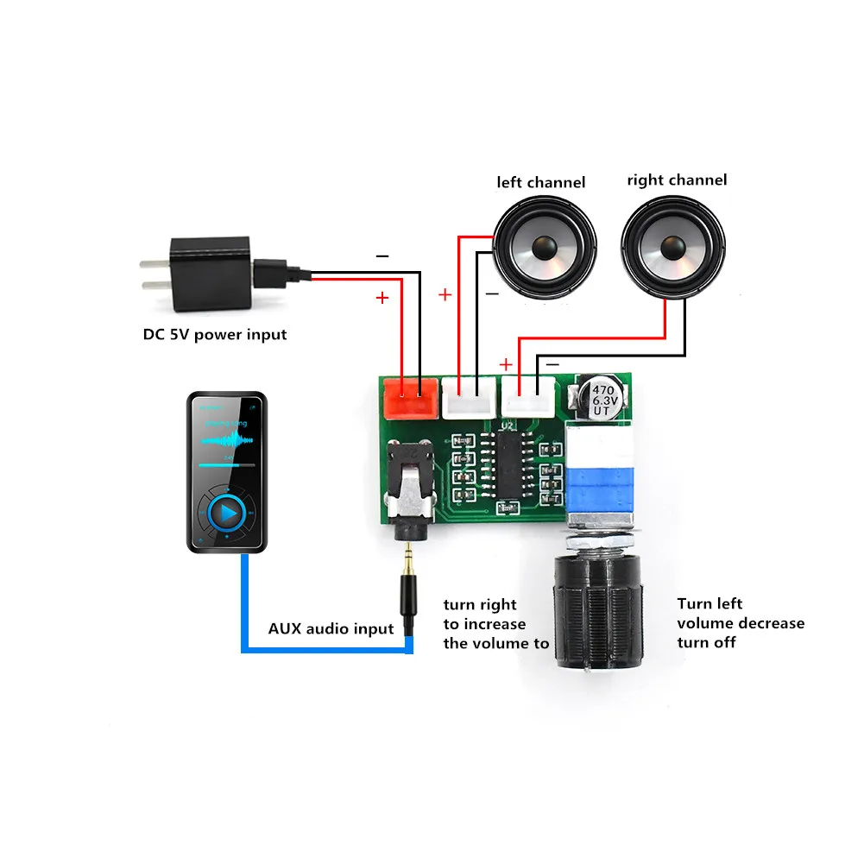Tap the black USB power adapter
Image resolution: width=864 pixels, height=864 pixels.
coord(211,274)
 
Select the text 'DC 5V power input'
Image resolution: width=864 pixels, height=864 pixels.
coord(214,334)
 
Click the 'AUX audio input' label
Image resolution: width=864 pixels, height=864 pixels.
coord(331,628)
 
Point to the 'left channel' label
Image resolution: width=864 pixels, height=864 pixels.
coord(540,182)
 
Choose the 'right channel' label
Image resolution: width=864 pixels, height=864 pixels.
coord(677,180)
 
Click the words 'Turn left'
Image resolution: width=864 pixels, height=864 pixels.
coord(709,603)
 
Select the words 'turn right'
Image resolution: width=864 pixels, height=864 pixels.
coord(480,604)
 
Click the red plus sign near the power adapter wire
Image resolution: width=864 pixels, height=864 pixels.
coord(382,298)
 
